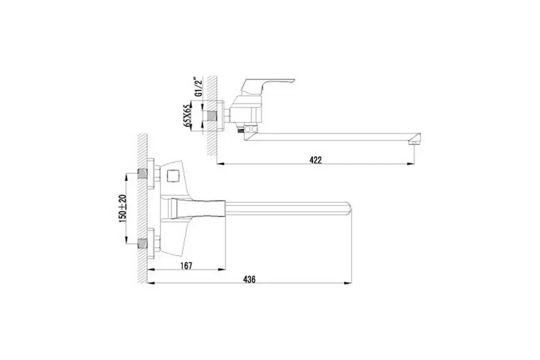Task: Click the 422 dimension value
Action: tap(316, 160)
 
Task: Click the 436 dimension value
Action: tap(250, 280)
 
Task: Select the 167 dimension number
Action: tap(186, 266)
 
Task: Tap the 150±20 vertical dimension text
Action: tap(122, 208)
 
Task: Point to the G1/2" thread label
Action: tap(197, 88)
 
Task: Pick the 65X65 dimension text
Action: tap(188, 116)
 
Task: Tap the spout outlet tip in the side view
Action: tap(415, 139)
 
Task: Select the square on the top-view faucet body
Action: tap(171, 176)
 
